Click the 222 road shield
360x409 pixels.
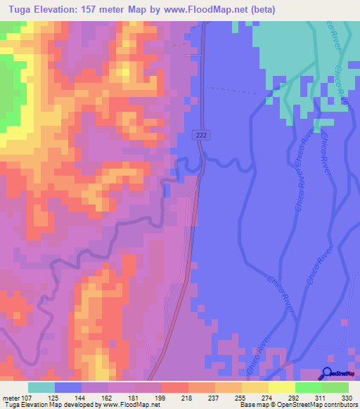click(x=202, y=134)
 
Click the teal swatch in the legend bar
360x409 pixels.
click(x=41, y=387)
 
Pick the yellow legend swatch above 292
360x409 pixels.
click(x=281, y=387)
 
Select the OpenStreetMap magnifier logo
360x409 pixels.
click(x=326, y=374)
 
